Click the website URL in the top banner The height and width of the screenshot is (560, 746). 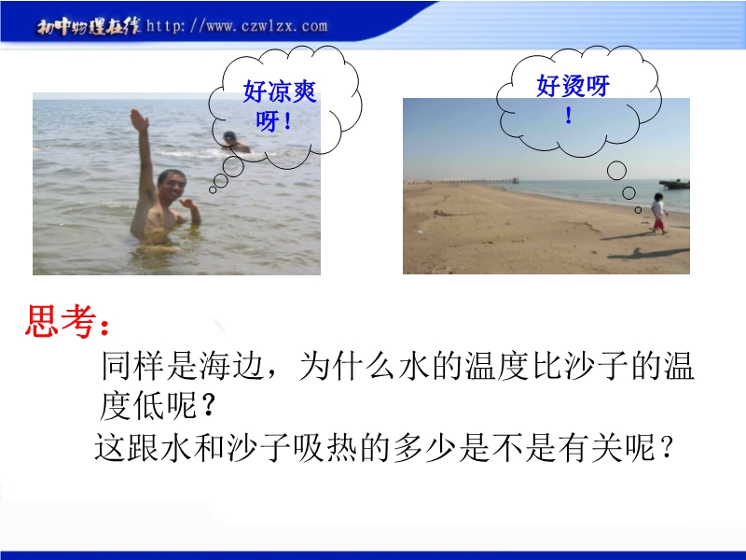[x=237, y=26]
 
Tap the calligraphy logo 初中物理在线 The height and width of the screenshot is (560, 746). [x=89, y=27]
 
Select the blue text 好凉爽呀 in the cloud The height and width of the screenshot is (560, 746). [x=279, y=105]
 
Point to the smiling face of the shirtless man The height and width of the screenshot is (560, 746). [x=172, y=187]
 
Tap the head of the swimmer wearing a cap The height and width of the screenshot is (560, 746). [x=229, y=136]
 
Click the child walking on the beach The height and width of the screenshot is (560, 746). [x=658, y=213]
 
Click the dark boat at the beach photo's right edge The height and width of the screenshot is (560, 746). [x=674, y=184]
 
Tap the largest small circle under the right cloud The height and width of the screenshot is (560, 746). [x=616, y=171]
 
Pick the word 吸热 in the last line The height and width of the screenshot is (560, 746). [x=325, y=447]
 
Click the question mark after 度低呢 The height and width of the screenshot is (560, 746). [x=208, y=406]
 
